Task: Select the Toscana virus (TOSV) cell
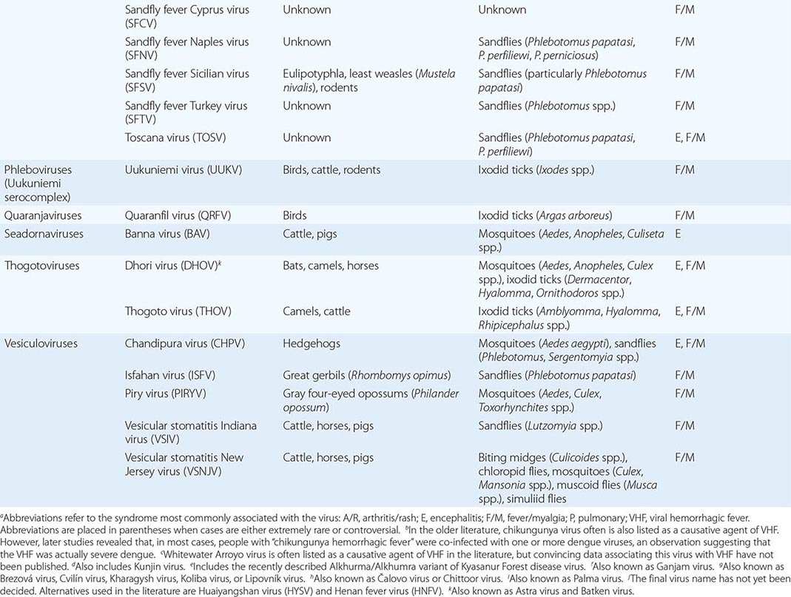[x=177, y=138]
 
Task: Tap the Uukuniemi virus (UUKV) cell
[x=184, y=170]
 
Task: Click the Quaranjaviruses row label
[x=43, y=216]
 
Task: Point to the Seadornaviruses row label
[x=44, y=234]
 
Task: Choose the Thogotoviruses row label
[x=42, y=266]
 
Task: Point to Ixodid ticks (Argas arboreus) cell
[x=545, y=216]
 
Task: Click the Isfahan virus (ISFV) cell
[x=173, y=376]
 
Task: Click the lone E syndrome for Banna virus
[x=678, y=234]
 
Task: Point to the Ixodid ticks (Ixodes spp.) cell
[x=536, y=170]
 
